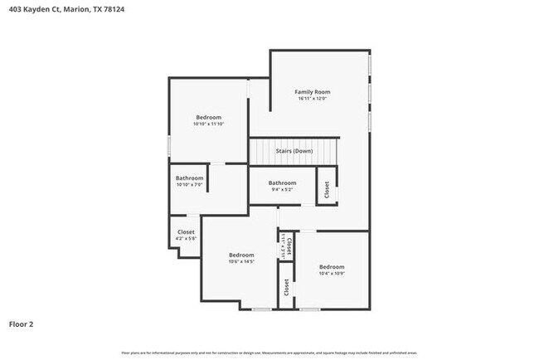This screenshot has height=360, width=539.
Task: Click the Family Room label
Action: pyautogui.click(x=313, y=91)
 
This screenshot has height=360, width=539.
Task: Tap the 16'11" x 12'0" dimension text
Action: pyautogui.click(x=313, y=99)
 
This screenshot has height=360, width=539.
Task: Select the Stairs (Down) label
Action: pyautogui.click(x=294, y=151)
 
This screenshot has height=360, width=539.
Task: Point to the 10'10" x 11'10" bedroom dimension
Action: pyautogui.click(x=208, y=124)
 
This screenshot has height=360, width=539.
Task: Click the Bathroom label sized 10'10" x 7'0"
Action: pyautogui.click(x=189, y=178)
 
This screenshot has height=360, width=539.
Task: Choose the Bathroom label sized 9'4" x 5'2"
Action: pyautogui.click(x=282, y=182)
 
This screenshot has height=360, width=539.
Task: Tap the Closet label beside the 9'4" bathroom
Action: pyautogui.click(x=327, y=188)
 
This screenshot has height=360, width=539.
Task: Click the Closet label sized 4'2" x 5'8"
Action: pyautogui.click(x=186, y=232)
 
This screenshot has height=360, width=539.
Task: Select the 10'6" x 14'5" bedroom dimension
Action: pyautogui.click(x=241, y=261)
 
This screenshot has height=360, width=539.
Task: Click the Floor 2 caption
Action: pyautogui.click(x=21, y=324)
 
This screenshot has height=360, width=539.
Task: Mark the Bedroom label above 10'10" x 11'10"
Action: pyautogui.click(x=208, y=117)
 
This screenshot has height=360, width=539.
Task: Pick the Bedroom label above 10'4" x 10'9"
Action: pyautogui.click(x=332, y=266)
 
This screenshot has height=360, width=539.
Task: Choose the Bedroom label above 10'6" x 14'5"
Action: pyautogui.click(x=241, y=255)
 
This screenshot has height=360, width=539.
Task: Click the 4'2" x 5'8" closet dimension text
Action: pyautogui.click(x=186, y=239)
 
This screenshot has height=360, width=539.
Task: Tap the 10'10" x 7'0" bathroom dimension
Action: pyautogui.click(x=189, y=184)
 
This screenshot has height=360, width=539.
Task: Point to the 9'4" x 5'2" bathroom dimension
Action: pyautogui.click(x=282, y=189)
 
